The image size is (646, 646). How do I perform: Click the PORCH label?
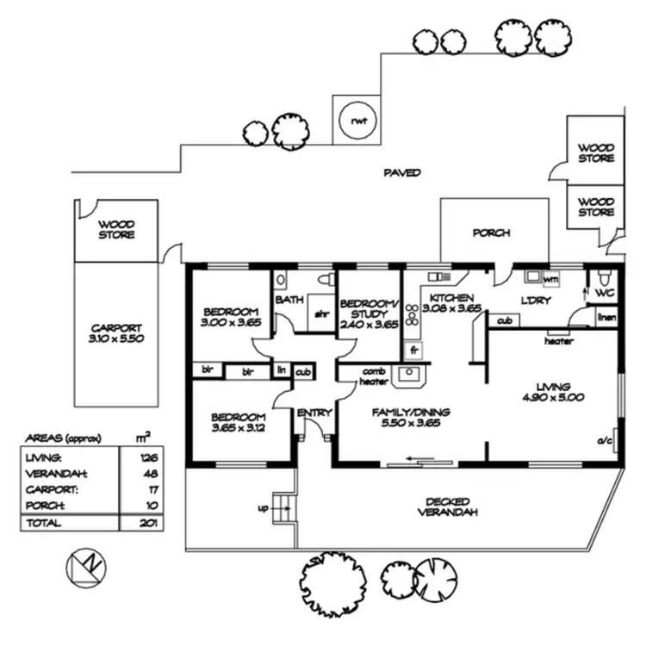[x=491, y=233]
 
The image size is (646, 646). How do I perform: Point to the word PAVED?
[x=401, y=173]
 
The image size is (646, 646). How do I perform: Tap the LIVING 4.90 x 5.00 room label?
[x=553, y=393]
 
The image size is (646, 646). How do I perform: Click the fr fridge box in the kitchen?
[x=414, y=351]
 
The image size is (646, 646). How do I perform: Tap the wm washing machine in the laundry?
[x=550, y=280]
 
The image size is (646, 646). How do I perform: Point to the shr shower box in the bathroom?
[x=322, y=314]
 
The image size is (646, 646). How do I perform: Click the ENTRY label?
[x=314, y=413]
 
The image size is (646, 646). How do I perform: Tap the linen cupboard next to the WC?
[x=606, y=319]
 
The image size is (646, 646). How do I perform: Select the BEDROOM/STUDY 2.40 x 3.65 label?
[x=369, y=314]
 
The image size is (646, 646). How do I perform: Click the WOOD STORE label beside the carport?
[x=116, y=229]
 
